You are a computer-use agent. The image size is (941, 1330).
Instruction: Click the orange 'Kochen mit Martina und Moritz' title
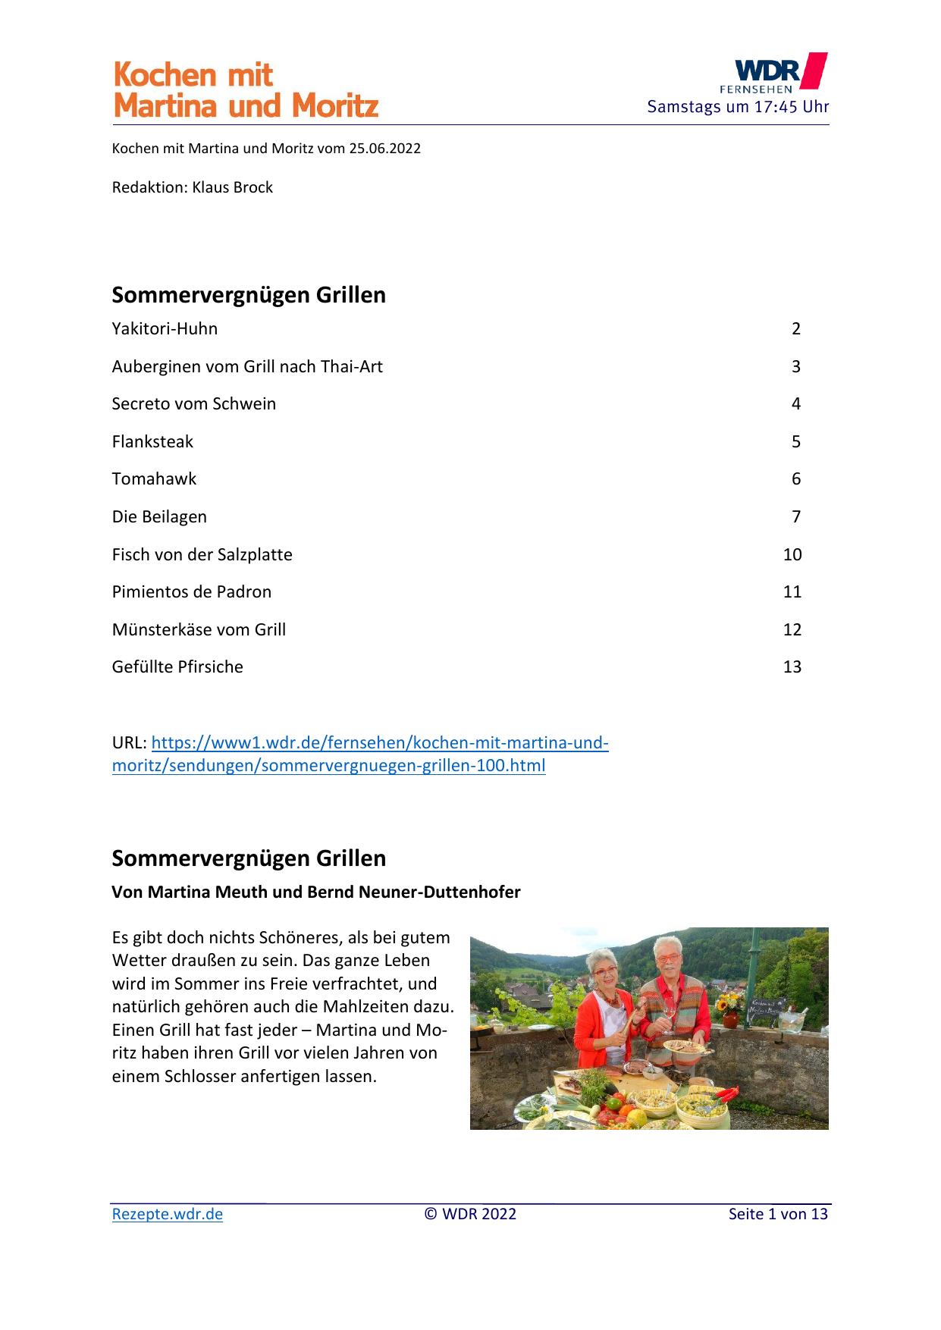tap(245, 90)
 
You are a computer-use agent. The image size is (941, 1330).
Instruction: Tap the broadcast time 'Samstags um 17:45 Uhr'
tap(738, 107)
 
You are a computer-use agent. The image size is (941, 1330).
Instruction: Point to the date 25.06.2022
tap(384, 149)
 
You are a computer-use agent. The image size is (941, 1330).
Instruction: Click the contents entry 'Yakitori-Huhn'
tap(165, 329)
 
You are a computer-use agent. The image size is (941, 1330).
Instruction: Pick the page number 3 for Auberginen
tap(795, 367)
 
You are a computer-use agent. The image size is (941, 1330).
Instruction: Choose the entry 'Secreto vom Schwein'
tap(193, 404)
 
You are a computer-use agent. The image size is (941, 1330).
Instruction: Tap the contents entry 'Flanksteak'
tap(152, 442)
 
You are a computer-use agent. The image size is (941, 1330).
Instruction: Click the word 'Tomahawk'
tap(154, 479)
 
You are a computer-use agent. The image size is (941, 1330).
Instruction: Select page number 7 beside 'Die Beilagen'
tap(795, 517)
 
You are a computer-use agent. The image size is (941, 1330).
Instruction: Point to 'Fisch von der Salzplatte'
tap(202, 555)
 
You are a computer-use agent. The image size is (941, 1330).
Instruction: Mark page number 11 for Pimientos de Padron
tap(792, 592)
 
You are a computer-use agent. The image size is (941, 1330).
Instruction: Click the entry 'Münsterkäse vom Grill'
tap(199, 630)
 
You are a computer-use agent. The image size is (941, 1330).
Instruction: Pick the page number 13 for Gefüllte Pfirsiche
tap(792, 667)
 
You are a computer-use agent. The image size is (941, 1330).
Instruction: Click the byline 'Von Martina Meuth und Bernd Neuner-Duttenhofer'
tap(315, 892)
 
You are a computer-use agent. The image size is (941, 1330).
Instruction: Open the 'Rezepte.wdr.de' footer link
tap(167, 1214)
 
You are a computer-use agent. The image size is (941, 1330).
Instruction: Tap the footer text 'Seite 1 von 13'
tap(777, 1214)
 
